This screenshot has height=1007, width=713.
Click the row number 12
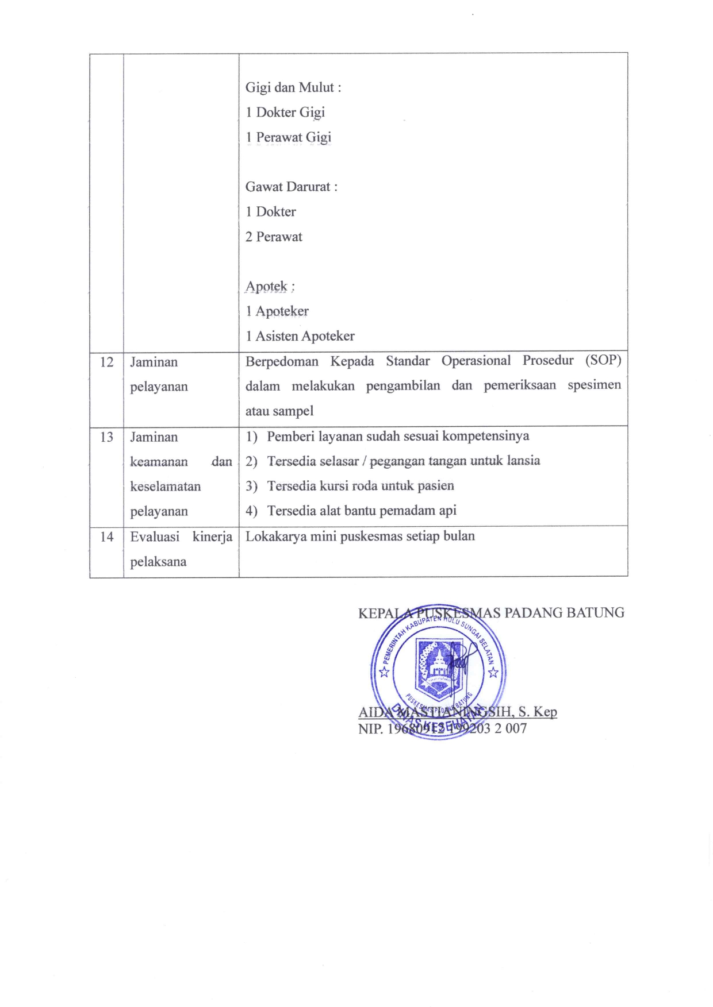106,362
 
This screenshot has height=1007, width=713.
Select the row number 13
106,437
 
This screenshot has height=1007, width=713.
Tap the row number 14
106,537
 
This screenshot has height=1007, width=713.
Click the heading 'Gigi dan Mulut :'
293,87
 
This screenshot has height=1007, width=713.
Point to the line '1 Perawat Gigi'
288,137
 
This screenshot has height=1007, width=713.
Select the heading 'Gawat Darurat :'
291,187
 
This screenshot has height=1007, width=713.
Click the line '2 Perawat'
274,237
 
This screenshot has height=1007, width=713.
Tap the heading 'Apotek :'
270,286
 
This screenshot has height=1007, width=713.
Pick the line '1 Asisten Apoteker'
300,336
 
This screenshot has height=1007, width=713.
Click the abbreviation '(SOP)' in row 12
603,361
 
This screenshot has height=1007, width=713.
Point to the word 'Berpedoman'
281,361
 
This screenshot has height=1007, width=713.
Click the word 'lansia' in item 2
523,461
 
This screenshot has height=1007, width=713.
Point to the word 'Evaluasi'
155,537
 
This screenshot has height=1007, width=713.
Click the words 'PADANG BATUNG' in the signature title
564,613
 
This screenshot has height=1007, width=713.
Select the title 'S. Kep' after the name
538,712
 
